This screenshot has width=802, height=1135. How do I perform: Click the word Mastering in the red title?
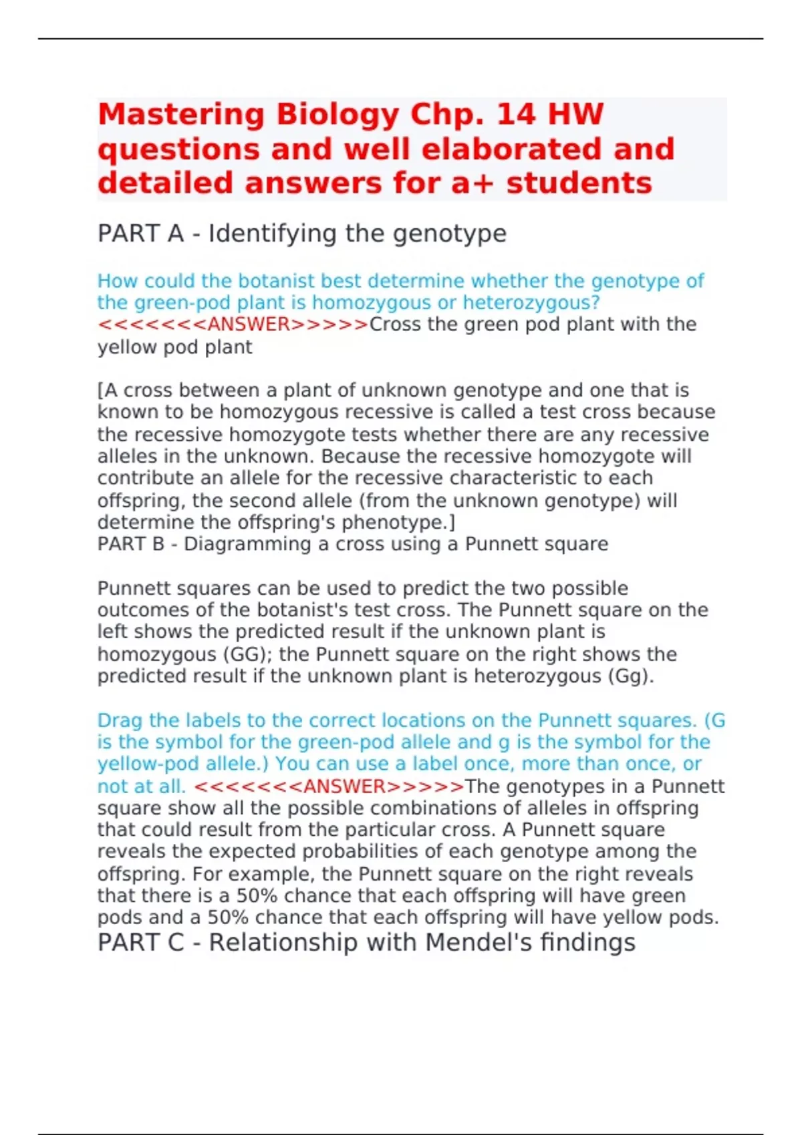coord(182,115)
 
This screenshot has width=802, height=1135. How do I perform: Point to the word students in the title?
coord(579,183)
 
